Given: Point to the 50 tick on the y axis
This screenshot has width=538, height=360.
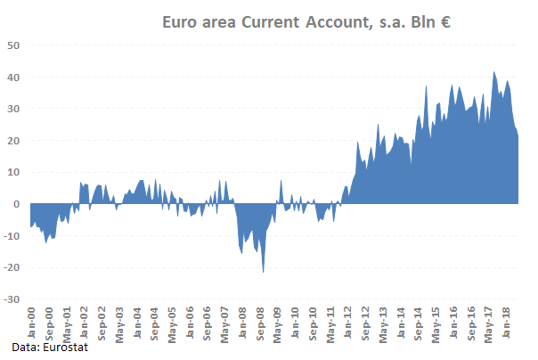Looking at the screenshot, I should pos(14,45).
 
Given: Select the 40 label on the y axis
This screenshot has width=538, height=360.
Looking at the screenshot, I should pos(14,78).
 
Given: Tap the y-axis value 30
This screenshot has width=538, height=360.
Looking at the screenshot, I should pos(14,109).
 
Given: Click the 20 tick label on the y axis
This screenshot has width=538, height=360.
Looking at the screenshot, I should pos(14,141).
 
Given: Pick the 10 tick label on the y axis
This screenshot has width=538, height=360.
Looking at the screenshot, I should pos(14,172).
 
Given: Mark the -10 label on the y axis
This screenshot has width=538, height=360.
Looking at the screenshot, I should pos(12,236).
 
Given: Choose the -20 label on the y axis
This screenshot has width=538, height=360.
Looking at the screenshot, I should pos(12,267).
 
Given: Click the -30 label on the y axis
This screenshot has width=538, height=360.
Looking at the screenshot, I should pos(12,299).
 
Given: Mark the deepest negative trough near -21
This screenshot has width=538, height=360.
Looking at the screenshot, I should pos(263,271).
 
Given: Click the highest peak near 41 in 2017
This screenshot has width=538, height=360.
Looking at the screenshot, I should pos(494,73).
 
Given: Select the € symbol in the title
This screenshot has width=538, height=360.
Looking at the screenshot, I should pos(443,22).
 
